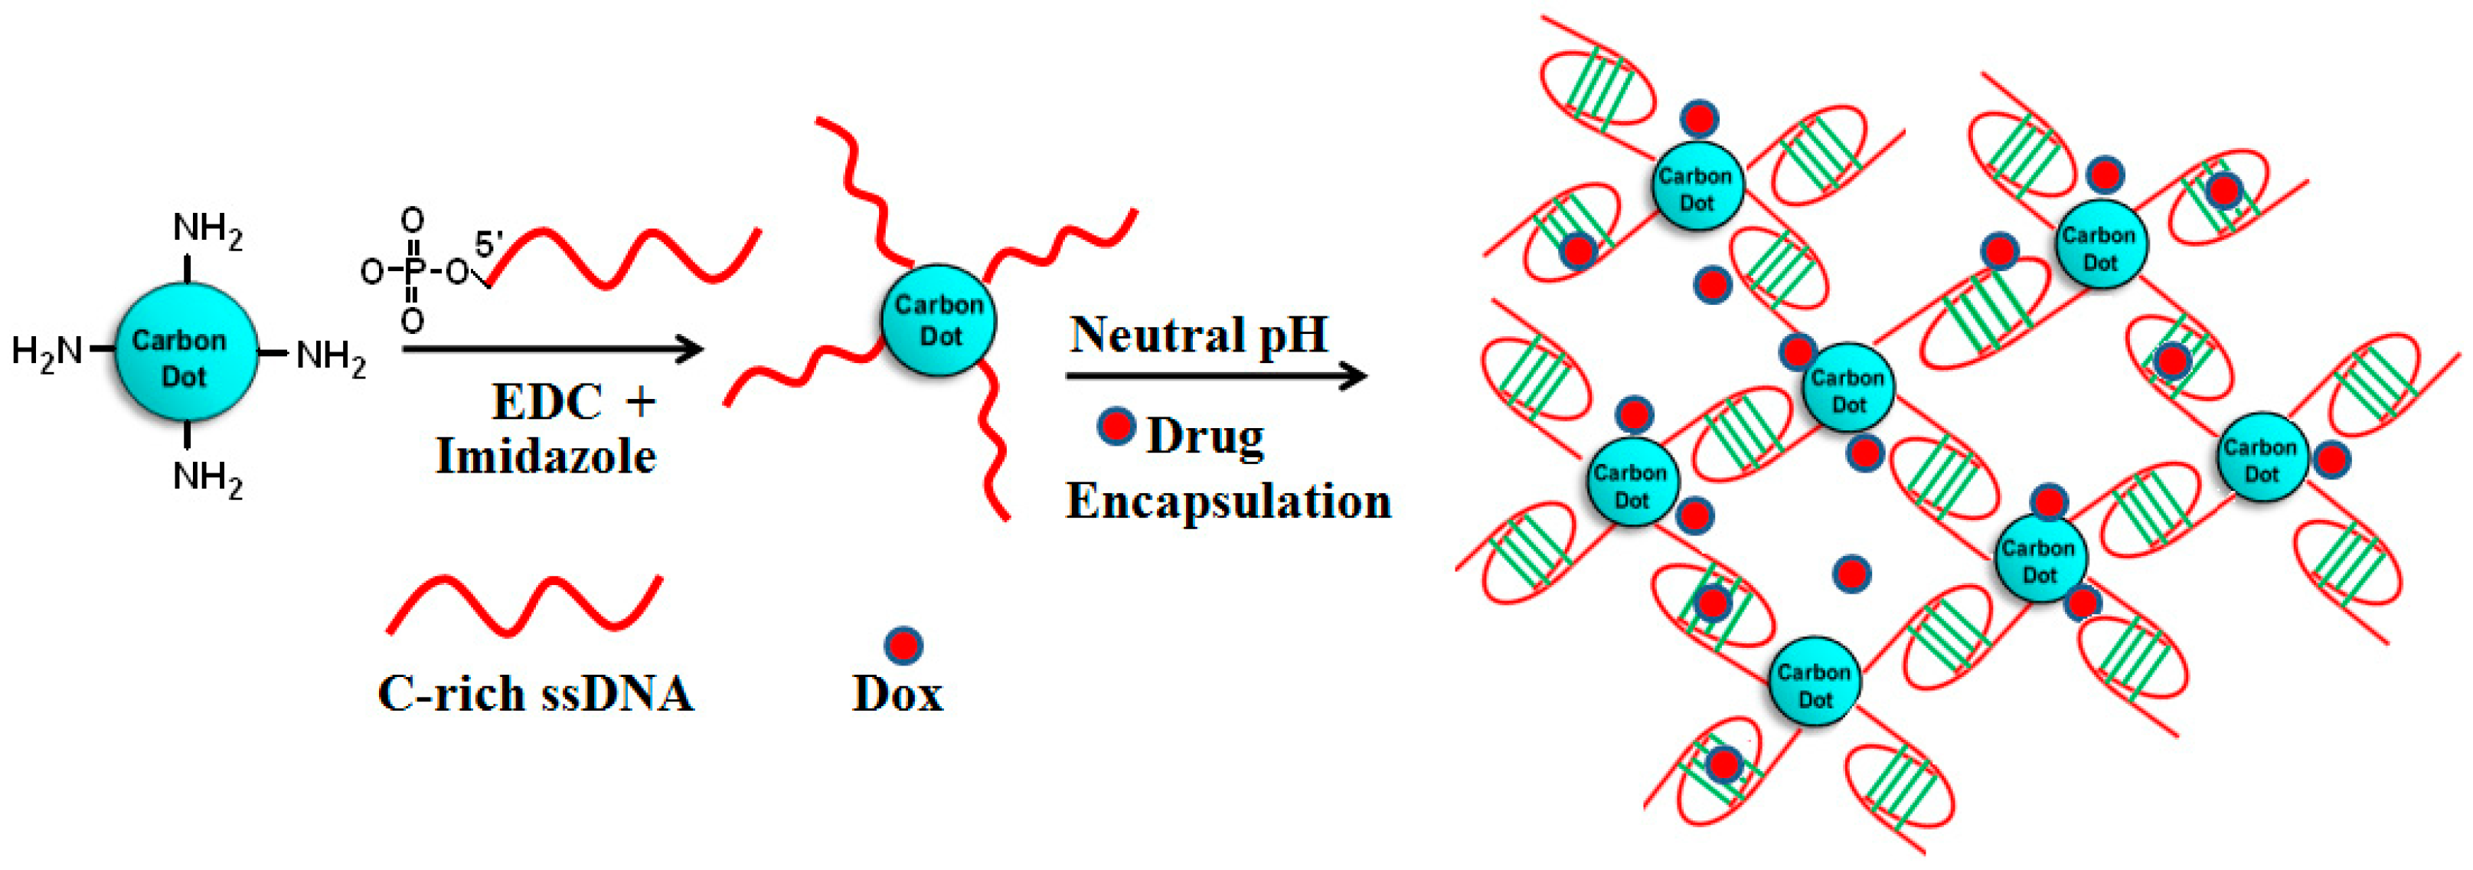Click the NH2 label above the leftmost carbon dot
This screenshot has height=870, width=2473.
pos(207,231)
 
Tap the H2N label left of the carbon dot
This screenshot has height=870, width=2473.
pos(46,352)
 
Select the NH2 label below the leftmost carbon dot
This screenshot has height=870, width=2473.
pos(207,477)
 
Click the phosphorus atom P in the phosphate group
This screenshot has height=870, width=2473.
pos(413,272)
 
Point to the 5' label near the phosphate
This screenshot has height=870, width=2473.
pos(488,245)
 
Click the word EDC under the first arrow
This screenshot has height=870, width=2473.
pos(547,401)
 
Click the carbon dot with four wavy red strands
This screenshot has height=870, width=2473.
pos(938,321)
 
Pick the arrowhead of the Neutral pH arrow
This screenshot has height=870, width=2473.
pos(1354,375)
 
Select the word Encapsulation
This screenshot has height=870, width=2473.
pos(1228,500)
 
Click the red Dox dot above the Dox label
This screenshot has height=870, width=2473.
pos(903,646)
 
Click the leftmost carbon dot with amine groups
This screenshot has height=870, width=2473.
pos(185,352)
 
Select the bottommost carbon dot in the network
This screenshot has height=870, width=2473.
pos(1814,682)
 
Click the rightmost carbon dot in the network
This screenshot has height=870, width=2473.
pos(2262,458)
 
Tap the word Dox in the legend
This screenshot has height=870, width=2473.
pos(897,693)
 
